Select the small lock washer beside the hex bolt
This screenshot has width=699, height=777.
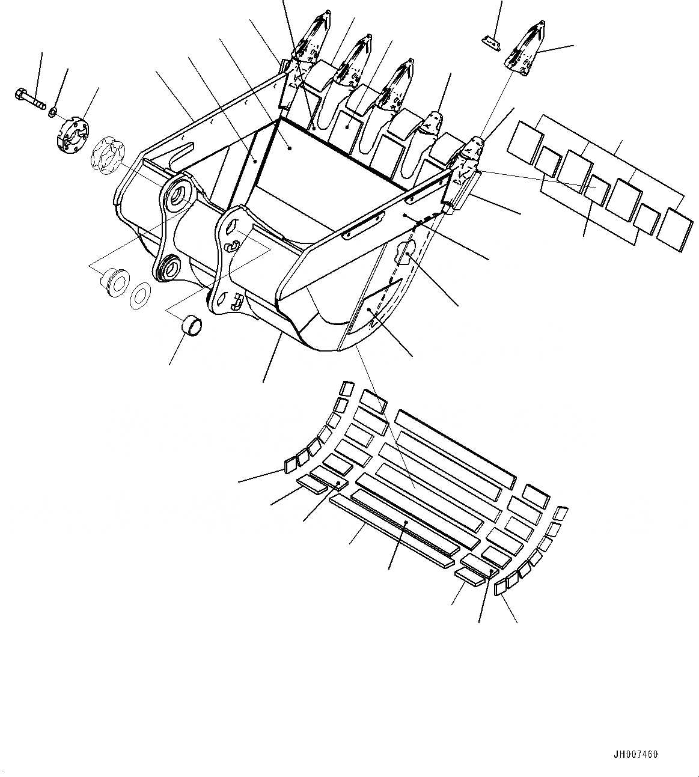click(x=53, y=111)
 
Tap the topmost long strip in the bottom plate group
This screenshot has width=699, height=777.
click(x=454, y=449)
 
